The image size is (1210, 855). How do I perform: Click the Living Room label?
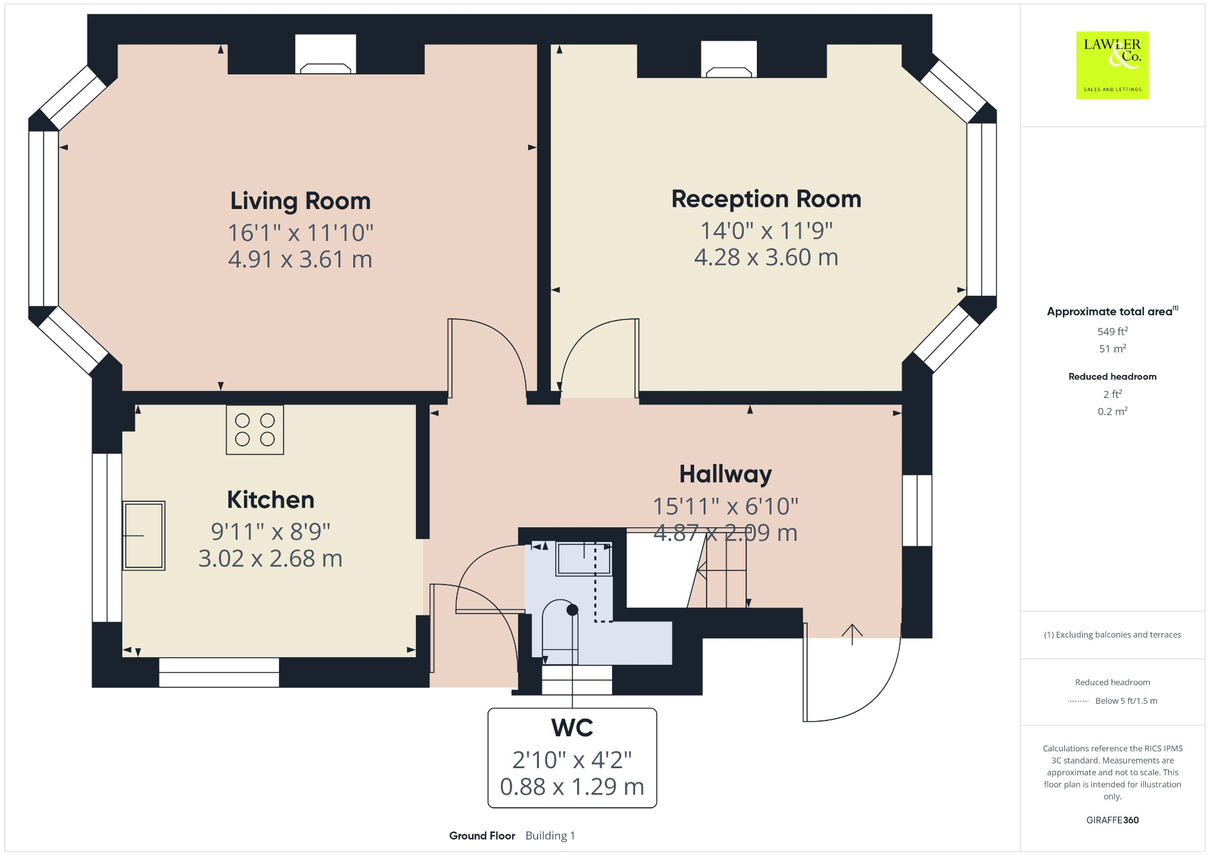[300, 201]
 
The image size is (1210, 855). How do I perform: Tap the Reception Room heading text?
[766, 199]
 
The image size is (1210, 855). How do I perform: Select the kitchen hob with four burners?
[255, 430]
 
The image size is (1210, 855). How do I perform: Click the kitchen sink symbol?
[144, 536]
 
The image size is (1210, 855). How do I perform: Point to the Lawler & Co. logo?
[1112, 65]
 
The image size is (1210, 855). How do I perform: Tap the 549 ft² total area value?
[1112, 331]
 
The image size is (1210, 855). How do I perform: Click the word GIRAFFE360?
[1112, 820]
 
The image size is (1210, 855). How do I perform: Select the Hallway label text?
[725, 474]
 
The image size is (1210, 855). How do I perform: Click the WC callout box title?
[571, 728]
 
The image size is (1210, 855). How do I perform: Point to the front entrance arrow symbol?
[851, 634]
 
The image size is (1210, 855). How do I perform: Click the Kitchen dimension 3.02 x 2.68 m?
[270, 559]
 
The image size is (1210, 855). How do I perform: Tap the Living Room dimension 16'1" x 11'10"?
[300, 233]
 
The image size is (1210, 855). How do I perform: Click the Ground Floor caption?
[482, 836]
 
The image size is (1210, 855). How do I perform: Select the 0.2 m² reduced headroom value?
[1112, 412]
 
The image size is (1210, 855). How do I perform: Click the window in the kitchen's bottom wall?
[219, 673]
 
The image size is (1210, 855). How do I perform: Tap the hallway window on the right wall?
[917, 510]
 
